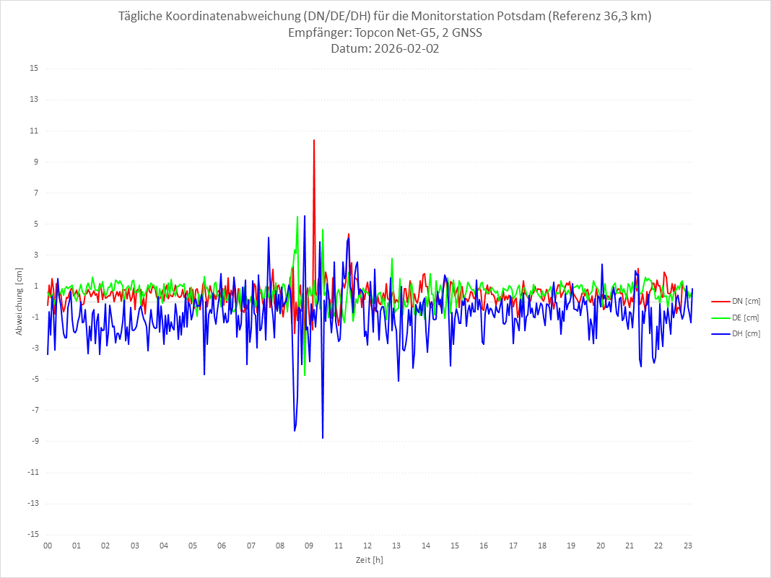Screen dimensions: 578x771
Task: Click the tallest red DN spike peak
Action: click(x=314, y=140)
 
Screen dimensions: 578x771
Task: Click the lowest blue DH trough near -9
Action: click(x=323, y=438)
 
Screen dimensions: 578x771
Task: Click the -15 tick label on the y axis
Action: click(x=33, y=534)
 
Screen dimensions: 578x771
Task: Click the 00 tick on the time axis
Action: click(x=48, y=546)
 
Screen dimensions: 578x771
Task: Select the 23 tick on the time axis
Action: click(x=688, y=546)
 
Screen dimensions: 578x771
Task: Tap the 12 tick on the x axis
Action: click(x=367, y=546)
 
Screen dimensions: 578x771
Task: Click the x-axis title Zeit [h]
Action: click(x=369, y=559)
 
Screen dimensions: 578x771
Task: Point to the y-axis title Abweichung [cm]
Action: click(x=19, y=301)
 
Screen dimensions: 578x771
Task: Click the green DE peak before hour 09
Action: click(x=297, y=216)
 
